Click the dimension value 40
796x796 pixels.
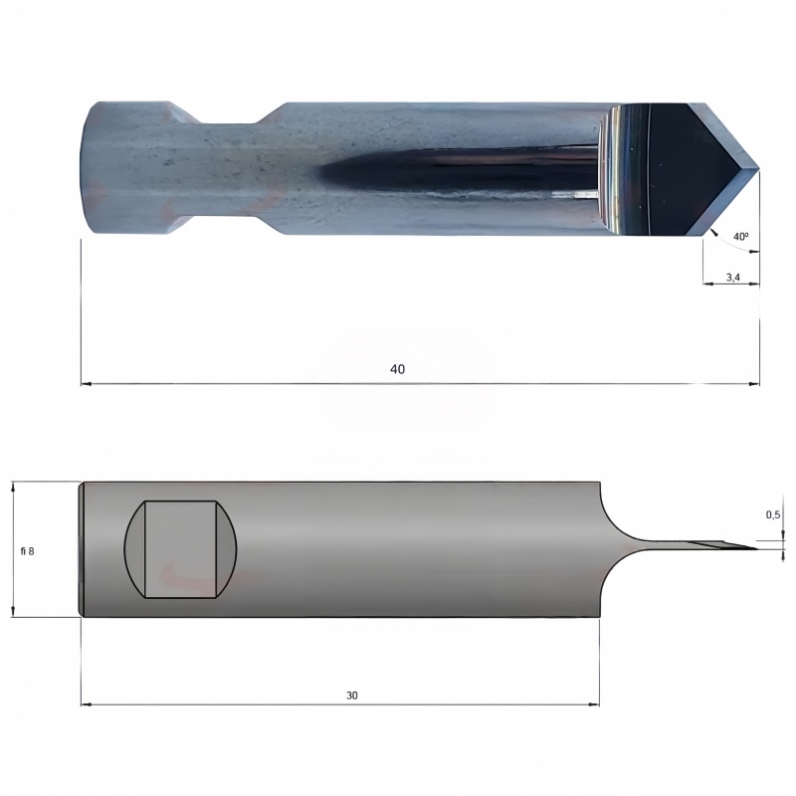[x=397, y=369]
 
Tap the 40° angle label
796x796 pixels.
[x=740, y=237]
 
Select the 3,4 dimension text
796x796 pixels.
[x=732, y=278]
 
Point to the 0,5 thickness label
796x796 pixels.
[x=773, y=514]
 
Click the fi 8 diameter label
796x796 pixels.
[x=28, y=551]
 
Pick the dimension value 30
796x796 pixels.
[x=352, y=696]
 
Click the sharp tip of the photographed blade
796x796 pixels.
[x=759, y=168]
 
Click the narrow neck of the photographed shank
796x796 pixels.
[x=231, y=167]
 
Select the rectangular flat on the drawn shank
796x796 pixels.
[x=181, y=549]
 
